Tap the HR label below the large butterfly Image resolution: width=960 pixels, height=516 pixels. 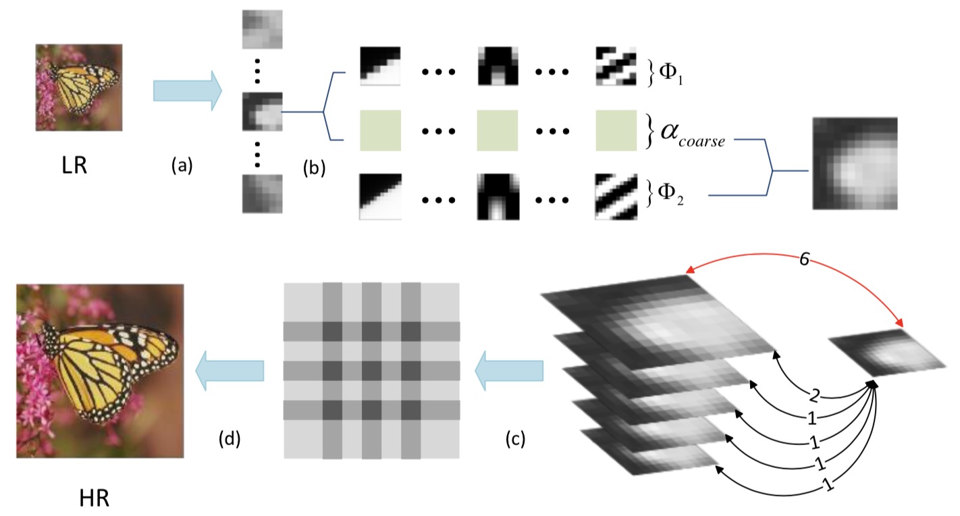pyautogui.click(x=93, y=498)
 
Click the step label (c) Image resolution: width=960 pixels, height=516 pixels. pyautogui.click(x=516, y=440)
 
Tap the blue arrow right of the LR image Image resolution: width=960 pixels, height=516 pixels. pyautogui.click(x=187, y=91)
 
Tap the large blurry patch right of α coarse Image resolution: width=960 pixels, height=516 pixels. pyautogui.click(x=855, y=163)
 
